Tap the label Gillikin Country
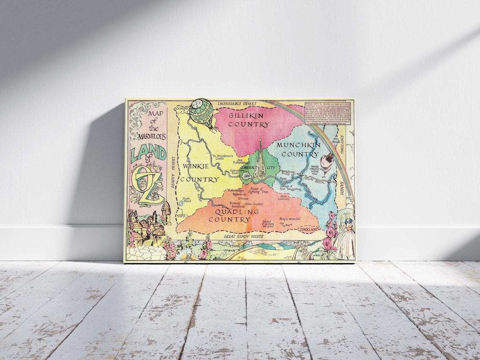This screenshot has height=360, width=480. [249, 120]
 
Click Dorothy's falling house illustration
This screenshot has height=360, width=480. [327, 163]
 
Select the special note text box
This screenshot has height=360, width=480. [328, 113]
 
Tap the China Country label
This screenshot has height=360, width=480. [254, 204]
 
